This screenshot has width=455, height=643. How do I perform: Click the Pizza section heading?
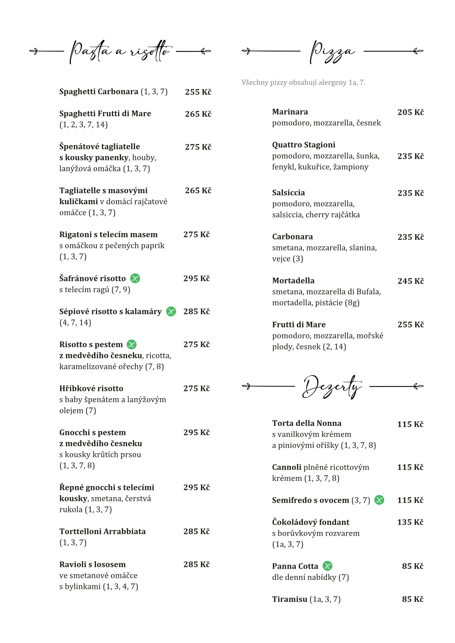(332, 52)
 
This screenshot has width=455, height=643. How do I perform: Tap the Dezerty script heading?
(332, 386)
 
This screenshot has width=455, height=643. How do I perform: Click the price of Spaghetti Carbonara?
(198, 92)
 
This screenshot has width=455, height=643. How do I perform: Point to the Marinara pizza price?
(410, 112)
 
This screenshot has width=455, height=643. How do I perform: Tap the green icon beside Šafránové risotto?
(135, 278)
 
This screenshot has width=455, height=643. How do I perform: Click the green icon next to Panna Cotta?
(328, 566)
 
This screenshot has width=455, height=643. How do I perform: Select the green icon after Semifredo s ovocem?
(379, 500)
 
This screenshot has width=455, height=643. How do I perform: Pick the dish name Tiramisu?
(290, 599)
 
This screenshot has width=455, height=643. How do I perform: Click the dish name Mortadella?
(293, 281)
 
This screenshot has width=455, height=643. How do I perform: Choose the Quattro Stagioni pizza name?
(304, 145)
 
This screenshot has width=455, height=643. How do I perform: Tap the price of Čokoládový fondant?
(410, 522)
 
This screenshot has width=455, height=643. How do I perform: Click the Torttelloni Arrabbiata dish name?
(102, 532)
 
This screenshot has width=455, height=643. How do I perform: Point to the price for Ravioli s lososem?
(196, 565)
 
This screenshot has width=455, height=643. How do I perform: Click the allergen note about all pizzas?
(303, 83)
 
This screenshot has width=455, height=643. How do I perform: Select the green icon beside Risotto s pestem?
(132, 344)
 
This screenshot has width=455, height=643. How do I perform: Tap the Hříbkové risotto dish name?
(91, 388)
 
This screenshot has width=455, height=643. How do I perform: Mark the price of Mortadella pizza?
(410, 281)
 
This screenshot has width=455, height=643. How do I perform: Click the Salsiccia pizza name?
(289, 193)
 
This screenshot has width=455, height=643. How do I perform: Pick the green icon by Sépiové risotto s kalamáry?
(171, 311)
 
